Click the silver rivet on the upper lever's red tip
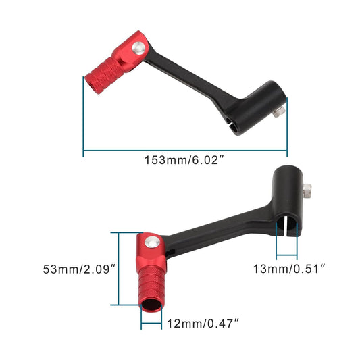[x=138, y=48]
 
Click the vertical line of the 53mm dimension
[x=119, y=269]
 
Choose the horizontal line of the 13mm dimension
[x=287, y=257]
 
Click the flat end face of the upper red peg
[x=88, y=86]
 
